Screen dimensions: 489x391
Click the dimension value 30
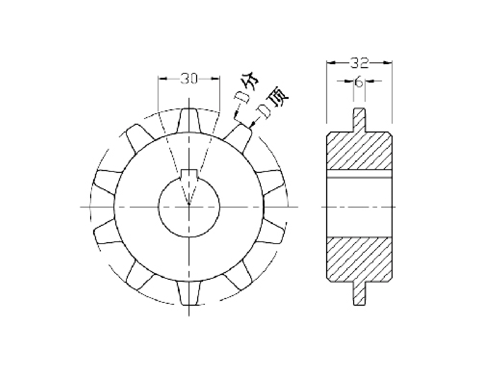(x=189, y=79)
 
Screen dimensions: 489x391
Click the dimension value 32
(x=359, y=63)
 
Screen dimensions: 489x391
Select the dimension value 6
(x=359, y=82)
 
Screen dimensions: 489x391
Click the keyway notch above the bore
(x=189, y=174)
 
